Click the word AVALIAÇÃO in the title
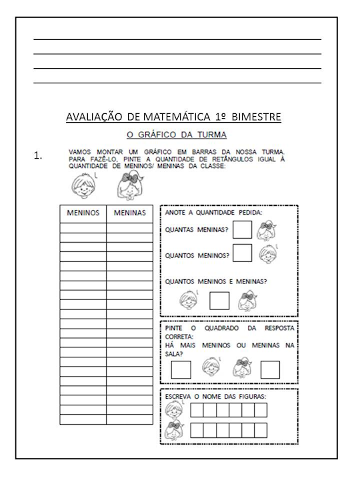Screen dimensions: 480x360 coord(93,117)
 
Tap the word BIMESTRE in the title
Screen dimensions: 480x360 coord(255,117)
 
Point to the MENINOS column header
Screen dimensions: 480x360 coord(83,213)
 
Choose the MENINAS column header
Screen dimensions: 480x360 coord(129,213)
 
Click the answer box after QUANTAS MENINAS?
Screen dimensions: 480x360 coord(242,230)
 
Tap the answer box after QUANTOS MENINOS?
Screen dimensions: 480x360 coord(242,253)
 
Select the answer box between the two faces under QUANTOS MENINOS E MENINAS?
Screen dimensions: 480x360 coord(219,301)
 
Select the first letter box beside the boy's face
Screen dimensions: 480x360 coord(197,409)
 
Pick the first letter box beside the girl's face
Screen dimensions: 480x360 coord(197,430)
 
